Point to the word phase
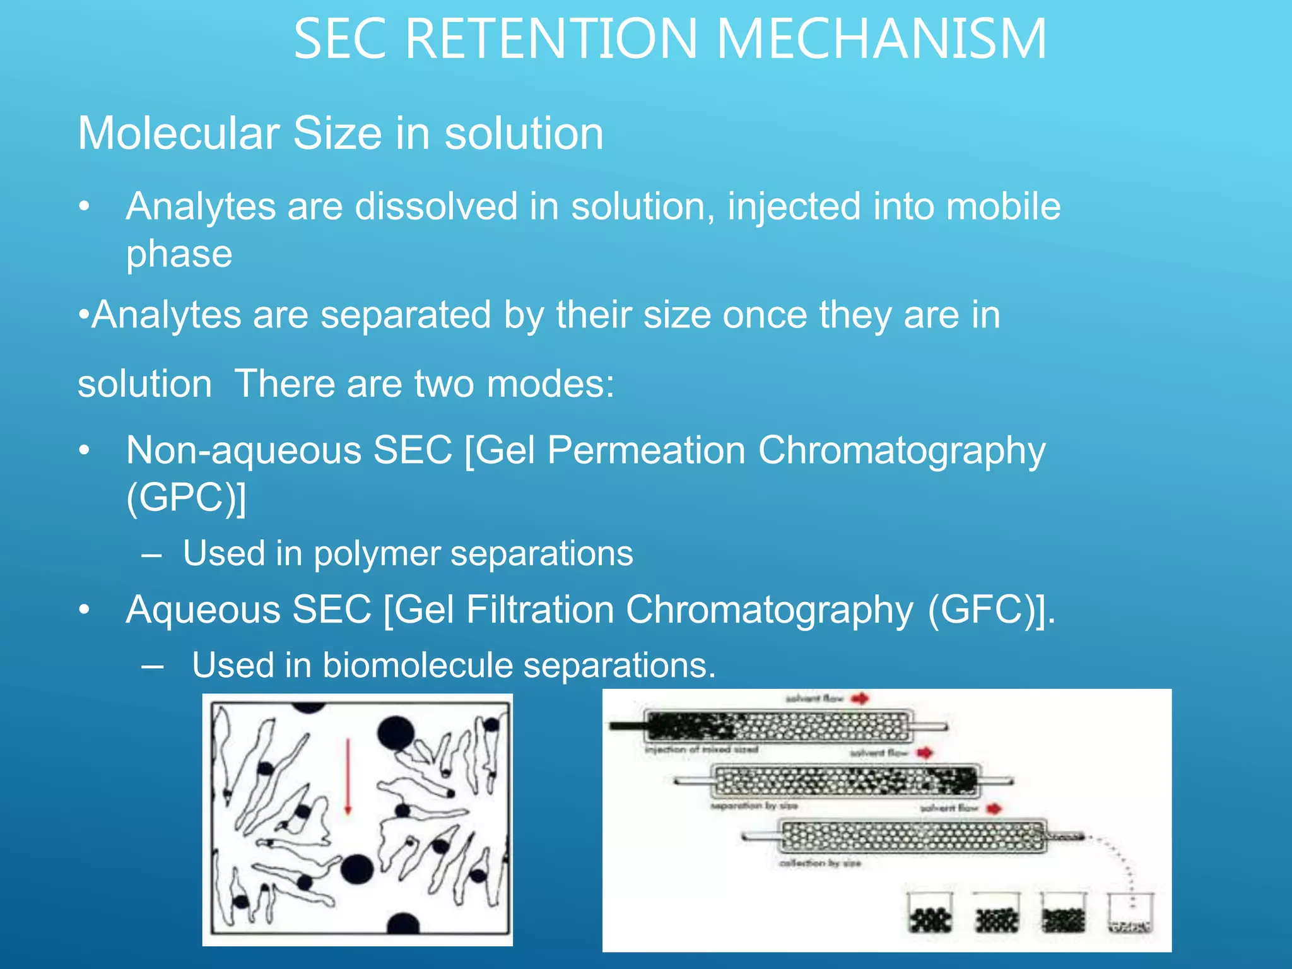[179, 254]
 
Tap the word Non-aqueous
[244, 450]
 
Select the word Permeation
[646, 450]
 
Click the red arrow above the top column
[860, 698]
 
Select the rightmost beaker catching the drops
[1130, 913]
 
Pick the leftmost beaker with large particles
[930, 913]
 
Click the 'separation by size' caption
[754, 806]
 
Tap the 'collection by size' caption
[819, 863]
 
